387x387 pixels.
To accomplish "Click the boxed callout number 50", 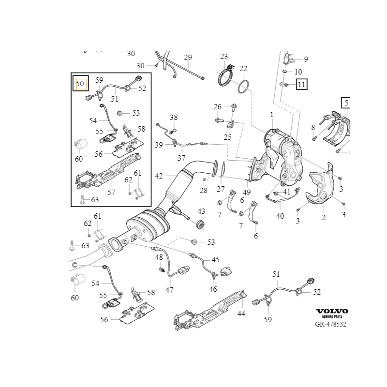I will click(80, 84).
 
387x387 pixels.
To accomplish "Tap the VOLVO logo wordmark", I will click(332, 311).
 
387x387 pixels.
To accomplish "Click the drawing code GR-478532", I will click(331, 324).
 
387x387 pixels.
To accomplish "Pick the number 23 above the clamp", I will click(224, 57).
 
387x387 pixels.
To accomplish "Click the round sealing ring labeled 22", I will click(245, 87).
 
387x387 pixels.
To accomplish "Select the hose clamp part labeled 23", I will click(225, 77).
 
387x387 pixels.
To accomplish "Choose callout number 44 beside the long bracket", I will click(241, 314).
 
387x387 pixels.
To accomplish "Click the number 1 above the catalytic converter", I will click(272, 115).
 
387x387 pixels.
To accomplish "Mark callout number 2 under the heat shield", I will click(324, 218).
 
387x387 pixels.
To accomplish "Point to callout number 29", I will click(188, 58).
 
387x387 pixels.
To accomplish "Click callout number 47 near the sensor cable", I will click(169, 290).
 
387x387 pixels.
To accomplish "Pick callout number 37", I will click(181, 158).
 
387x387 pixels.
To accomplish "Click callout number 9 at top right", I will click(305, 59).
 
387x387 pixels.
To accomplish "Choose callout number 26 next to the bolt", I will click(218, 106).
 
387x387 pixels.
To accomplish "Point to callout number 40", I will click(280, 216).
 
